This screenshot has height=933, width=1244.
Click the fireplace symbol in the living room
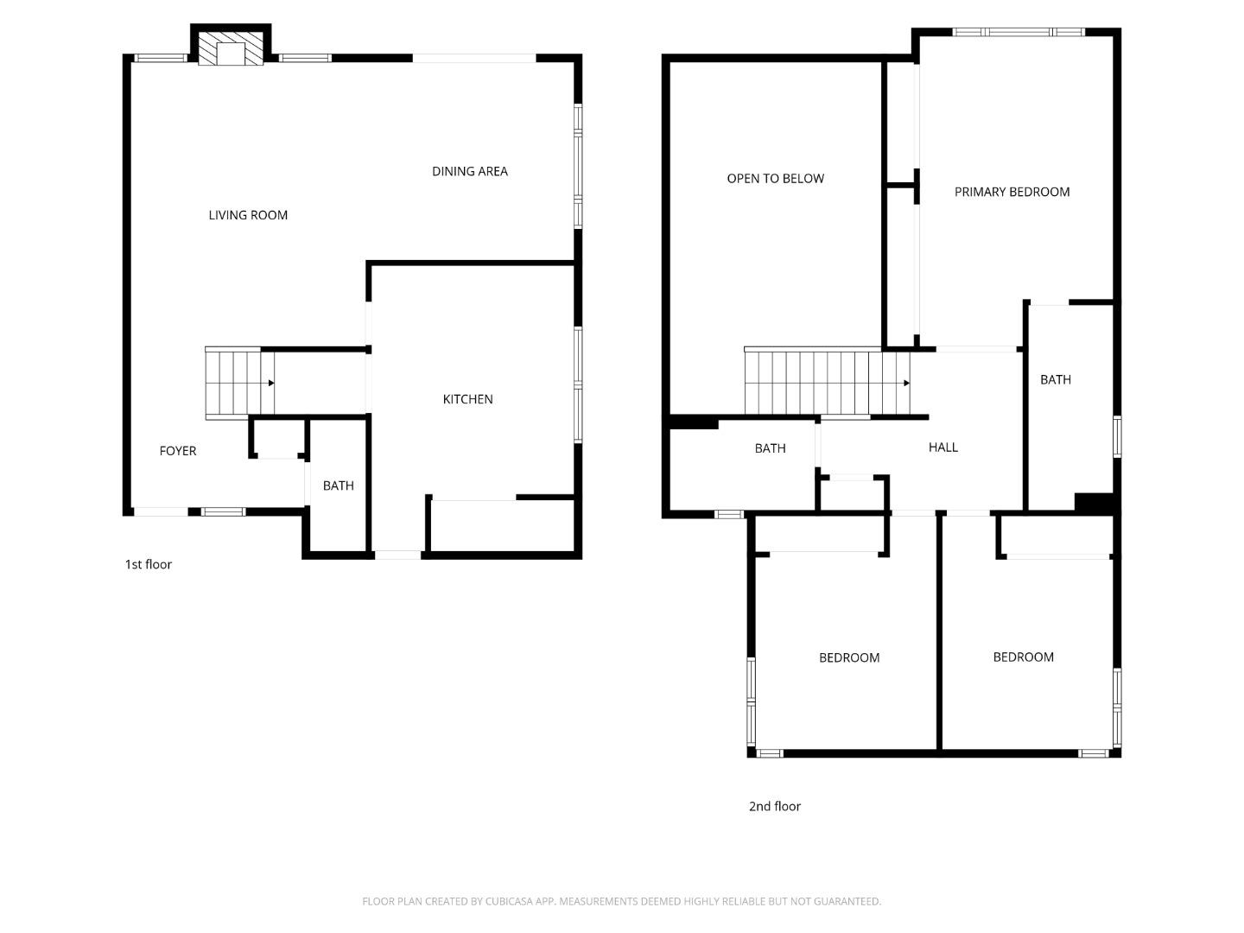[231, 49]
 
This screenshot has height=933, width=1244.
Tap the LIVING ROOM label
[248, 215]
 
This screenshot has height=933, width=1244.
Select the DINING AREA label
[470, 171]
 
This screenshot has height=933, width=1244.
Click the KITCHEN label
[467, 399]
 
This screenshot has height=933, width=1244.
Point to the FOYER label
[178, 451]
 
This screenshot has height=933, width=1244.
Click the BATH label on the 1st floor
[338, 486]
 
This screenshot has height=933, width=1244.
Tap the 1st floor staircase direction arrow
[271, 383]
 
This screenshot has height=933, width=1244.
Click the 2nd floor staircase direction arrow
[906, 383]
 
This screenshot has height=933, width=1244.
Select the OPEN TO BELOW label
[775, 179]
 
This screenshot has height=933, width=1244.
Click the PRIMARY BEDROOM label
[1012, 192]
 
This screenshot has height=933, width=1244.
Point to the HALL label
[943, 447]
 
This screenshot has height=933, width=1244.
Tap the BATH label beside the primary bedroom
[1055, 379]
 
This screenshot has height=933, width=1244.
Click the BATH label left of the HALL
[770, 448]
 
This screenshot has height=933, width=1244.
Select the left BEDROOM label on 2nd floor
[849, 658]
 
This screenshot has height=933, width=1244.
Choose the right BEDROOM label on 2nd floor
[1023, 657]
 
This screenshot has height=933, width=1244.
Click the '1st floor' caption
[149, 564]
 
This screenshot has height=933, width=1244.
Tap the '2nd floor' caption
[774, 806]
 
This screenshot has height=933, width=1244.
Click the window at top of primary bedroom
[1018, 32]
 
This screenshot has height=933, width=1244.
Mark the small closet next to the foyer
[278, 438]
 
